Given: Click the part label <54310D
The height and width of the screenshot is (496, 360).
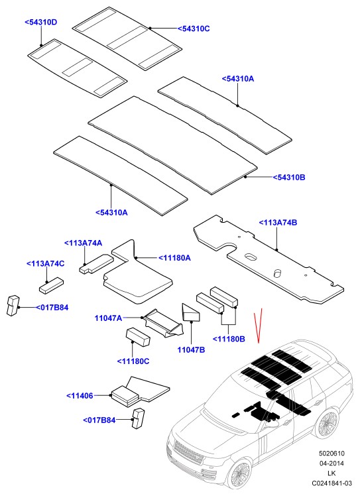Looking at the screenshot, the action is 41,22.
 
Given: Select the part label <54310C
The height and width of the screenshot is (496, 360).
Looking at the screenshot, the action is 194,29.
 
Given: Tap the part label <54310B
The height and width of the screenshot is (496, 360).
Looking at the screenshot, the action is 289,177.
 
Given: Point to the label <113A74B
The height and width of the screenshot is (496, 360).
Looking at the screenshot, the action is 278,222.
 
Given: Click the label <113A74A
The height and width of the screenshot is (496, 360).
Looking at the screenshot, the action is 83,243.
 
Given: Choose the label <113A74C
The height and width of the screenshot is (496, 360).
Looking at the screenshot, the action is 46,263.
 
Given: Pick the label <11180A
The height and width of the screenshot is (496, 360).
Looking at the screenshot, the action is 174,258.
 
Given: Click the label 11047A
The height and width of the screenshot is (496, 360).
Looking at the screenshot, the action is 108,318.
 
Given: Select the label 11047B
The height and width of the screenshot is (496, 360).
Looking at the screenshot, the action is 191,349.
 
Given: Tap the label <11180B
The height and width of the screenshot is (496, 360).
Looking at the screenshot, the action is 229,339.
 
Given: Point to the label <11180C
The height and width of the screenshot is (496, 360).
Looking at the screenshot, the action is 133,361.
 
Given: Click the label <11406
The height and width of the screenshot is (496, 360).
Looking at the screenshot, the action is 80,395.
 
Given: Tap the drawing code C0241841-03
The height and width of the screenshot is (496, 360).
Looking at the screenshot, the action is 332,483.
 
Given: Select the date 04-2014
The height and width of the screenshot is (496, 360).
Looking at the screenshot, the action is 332,463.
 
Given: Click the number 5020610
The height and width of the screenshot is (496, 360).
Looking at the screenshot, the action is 332,454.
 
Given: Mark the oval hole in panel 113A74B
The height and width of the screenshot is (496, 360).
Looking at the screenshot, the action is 251,256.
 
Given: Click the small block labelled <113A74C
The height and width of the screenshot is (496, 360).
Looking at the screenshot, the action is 51,286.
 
